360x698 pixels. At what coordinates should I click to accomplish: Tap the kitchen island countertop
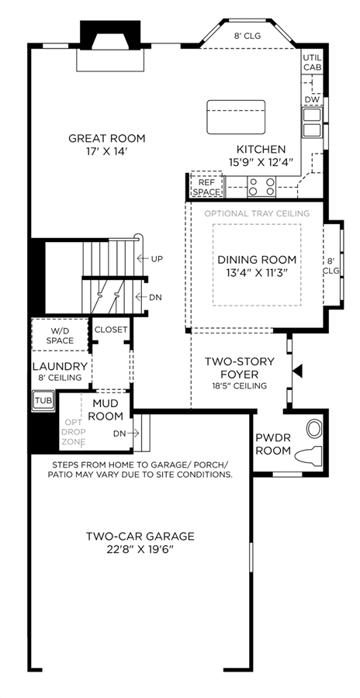coord(236,117)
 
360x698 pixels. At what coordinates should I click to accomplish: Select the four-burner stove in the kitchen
coord(261,186)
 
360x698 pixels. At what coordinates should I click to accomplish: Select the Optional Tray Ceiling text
coord(257,214)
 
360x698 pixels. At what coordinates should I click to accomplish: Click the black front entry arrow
coord(297,371)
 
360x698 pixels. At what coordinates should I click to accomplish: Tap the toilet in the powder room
coord(309,456)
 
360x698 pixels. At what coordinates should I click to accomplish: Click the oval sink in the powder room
coord(314,429)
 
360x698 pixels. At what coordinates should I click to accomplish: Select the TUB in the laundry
coord(43,399)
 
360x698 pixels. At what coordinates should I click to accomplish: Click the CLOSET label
coord(112,330)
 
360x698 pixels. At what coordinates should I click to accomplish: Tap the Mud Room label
coord(108,410)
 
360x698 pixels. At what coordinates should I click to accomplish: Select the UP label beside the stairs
coord(157,258)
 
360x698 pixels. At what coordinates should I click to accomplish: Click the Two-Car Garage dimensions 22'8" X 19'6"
coord(140,550)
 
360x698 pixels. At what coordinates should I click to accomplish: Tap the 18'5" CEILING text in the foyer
coord(240,386)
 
